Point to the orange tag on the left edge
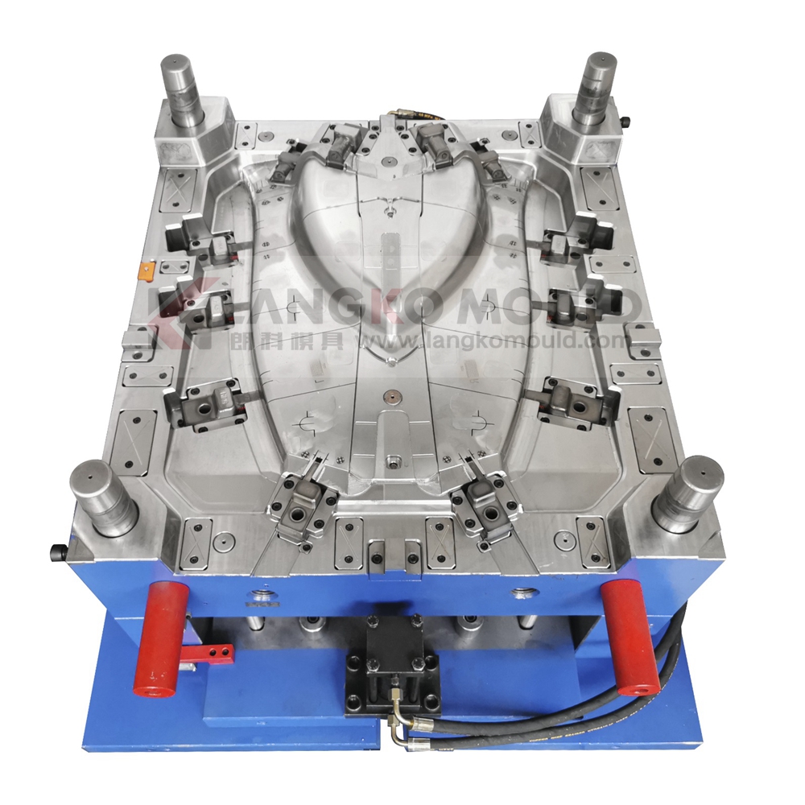(x=147, y=270)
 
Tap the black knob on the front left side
(x=57, y=551)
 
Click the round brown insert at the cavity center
(x=391, y=397)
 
